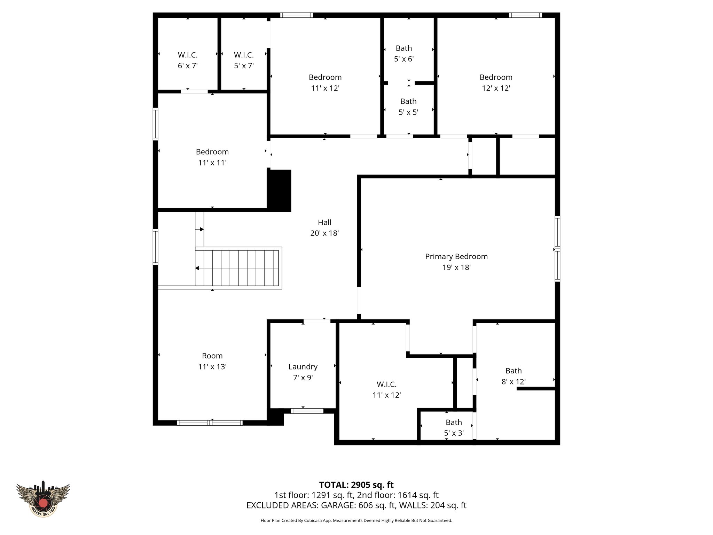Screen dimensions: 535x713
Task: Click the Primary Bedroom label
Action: coord(456,257)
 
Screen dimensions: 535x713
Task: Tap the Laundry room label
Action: coord(303,367)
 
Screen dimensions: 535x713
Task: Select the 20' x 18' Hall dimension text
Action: coord(324,233)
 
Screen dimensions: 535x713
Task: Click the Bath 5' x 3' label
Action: coord(454,428)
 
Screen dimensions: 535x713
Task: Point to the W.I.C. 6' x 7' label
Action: coord(188,60)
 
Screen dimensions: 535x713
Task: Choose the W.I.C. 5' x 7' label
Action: coord(244,60)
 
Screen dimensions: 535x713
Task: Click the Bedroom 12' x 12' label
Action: coord(496,83)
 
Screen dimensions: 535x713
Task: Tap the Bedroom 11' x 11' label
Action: coord(212,157)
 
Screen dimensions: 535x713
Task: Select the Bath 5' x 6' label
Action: coord(403,54)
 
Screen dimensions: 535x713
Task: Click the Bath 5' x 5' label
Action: coord(408,107)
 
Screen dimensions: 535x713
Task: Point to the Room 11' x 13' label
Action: coord(212,361)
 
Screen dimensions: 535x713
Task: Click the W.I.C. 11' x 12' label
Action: coord(386,389)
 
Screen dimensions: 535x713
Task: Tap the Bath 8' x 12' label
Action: coord(514,376)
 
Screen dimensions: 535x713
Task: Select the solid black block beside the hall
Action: coord(279,190)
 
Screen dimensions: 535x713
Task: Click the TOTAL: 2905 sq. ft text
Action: coord(356,485)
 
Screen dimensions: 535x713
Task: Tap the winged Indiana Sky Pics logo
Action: coord(43,498)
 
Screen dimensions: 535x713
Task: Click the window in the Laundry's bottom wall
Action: coord(307,411)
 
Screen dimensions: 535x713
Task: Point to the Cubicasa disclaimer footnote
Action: coord(356,521)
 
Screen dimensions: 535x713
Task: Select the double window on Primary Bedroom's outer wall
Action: coord(557,249)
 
